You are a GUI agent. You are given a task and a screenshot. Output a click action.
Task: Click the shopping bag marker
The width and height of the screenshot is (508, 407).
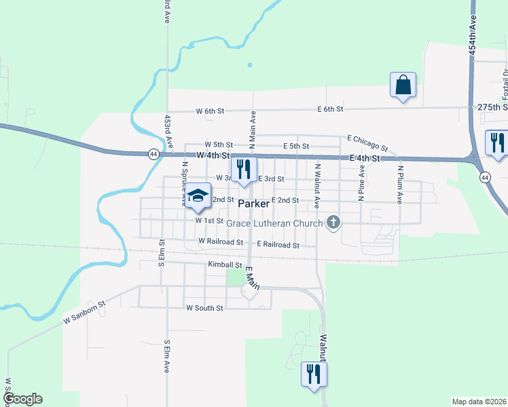coord(403,85)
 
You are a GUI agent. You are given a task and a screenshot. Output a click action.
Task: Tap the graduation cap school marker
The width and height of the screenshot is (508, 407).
coord(198,196)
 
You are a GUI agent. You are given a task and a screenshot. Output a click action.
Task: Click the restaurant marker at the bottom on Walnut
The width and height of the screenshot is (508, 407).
coord(314,374)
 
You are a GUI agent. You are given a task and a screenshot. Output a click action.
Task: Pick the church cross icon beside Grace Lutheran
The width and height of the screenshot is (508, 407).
coord(333,222)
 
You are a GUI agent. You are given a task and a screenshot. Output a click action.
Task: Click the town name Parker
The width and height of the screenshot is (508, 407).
coord(254,203)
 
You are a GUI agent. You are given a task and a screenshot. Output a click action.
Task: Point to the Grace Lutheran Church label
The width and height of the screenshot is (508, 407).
coord(274,223)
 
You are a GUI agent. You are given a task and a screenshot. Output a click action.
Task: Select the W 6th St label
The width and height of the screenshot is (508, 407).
coord(210,111)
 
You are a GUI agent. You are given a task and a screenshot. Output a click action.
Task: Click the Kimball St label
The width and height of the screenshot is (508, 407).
coord(226,265)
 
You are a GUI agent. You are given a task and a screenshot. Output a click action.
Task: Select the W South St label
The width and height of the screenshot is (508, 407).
coord(204,308)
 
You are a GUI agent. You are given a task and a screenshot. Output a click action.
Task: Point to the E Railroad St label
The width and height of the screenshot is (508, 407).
coord(278,244)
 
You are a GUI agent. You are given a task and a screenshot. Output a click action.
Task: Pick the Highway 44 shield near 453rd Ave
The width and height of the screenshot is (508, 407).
coord(154,154)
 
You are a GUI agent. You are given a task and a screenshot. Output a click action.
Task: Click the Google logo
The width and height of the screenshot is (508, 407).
coord(22,399)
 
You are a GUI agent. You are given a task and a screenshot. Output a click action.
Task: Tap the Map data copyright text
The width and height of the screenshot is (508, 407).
coord(478,402)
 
